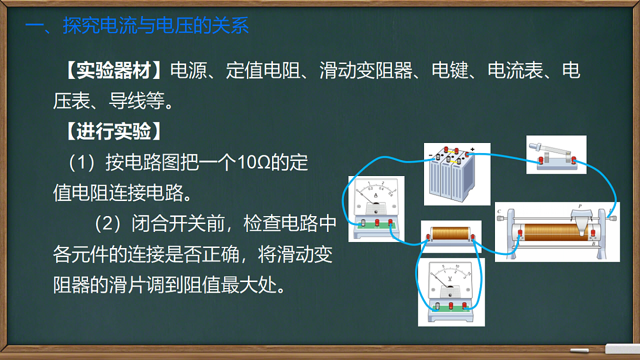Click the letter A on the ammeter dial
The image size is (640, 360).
tap(376, 196)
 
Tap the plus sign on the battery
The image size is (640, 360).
tap(472, 149)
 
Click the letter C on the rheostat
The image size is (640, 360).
tap(499, 212)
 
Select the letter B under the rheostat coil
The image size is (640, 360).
tap(594, 244)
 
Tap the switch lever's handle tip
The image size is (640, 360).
tap(534, 145)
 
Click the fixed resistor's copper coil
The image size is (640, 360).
tap(449, 234)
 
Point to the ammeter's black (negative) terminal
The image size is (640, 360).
tap(363, 222)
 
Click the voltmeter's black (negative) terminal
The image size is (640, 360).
tap(438, 306)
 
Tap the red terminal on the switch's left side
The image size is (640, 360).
tap(541, 160)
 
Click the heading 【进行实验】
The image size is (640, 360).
tap(113, 132)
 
